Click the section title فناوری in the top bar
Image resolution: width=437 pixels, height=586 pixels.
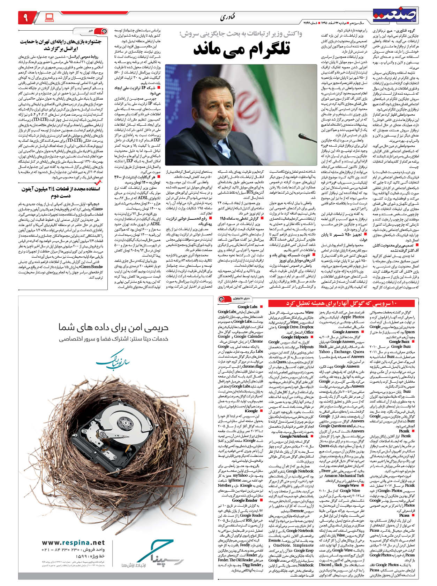[227, 17]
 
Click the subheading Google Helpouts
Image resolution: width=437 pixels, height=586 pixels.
[294, 337]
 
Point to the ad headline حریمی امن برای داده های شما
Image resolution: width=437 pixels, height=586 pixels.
[113, 327]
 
